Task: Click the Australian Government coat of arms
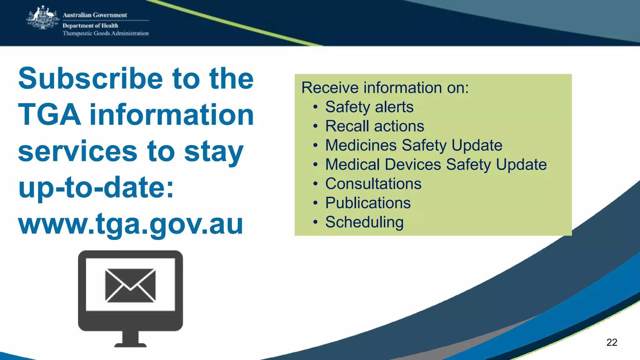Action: tap(43, 18)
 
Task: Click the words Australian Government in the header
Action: tap(95, 15)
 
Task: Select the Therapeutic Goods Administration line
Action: tap(106, 33)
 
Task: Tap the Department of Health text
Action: tap(90, 26)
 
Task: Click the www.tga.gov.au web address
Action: tap(131, 224)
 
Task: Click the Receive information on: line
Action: tap(385, 87)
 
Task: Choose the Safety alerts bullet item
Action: tap(369, 107)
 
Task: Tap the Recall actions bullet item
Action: tap(374, 126)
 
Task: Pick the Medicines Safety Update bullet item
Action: tap(413, 145)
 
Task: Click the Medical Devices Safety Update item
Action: tap(436, 165)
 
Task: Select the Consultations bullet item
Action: tap(373, 184)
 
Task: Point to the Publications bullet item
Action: tap(368, 203)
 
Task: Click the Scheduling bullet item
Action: tap(364, 222)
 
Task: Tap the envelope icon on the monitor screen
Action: tap(130, 285)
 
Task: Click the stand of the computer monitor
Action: tap(130, 339)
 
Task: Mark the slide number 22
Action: tap(612, 342)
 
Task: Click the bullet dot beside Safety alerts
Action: tap(316, 107)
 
